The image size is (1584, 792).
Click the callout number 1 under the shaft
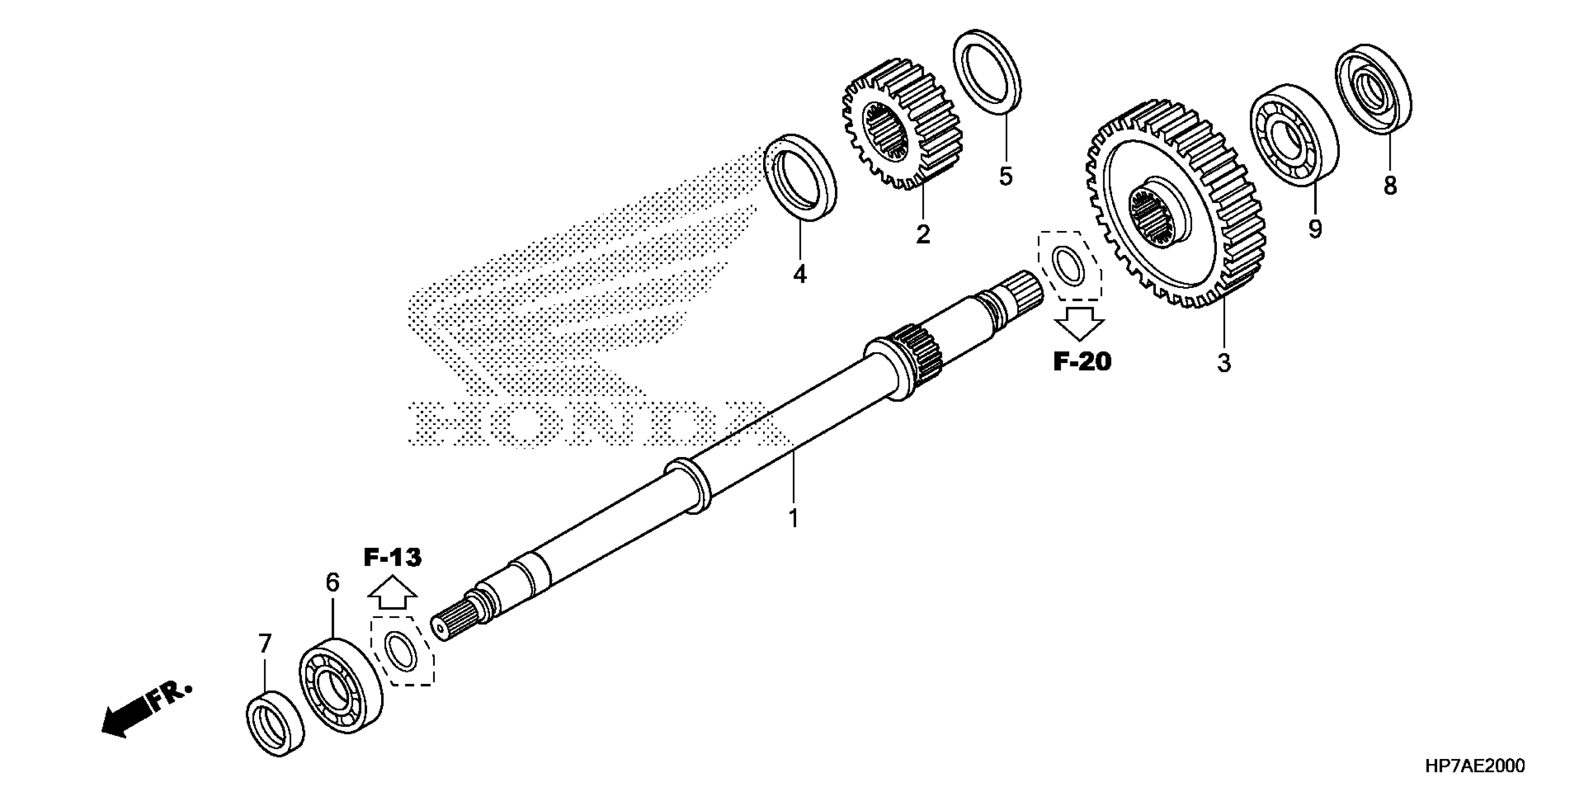[x=793, y=519]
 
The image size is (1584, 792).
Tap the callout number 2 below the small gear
[x=922, y=234]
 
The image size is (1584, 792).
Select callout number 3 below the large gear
[x=1224, y=363]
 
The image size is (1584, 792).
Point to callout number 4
[x=799, y=274]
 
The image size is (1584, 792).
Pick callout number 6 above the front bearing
[x=332, y=582]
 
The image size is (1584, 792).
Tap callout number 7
[x=265, y=644]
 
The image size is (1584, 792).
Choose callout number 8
[x=1390, y=185]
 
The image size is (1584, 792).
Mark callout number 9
[x=1315, y=229]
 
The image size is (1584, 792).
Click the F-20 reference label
[x=1082, y=362]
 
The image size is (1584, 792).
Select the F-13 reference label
[x=392, y=558]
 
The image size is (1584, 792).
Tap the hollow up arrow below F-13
[x=392, y=593]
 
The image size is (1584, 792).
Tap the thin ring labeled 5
[x=986, y=71]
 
